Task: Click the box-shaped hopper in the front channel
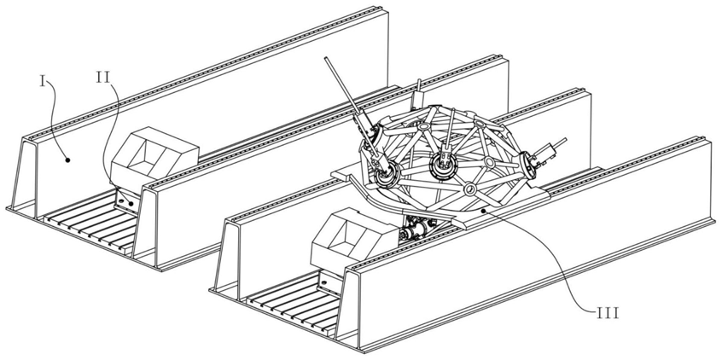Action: click(347, 235)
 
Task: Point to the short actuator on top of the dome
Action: click(418, 91)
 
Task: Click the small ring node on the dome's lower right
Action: click(468, 188)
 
